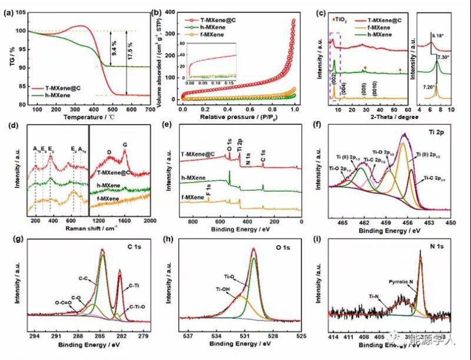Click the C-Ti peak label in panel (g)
(x=137, y=286)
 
